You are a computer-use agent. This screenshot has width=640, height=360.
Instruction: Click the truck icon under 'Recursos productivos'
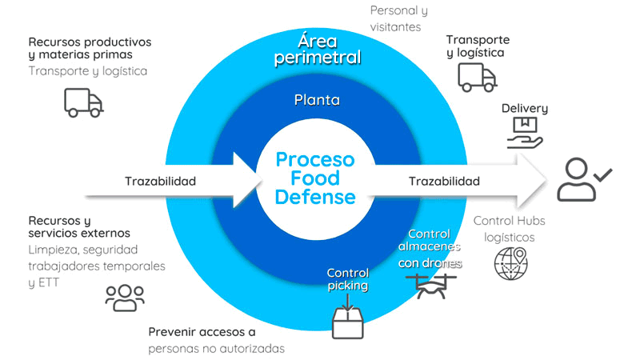(84, 103)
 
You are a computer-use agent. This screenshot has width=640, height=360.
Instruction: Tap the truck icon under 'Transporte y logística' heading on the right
(477, 77)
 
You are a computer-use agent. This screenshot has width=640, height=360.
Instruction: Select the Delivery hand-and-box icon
(525, 133)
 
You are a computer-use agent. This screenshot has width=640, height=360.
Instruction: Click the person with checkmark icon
(584, 179)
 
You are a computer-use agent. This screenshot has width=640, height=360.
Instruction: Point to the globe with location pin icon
(511, 263)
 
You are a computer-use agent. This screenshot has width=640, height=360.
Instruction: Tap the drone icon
(431, 286)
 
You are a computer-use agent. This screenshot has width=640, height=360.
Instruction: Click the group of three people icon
(125, 298)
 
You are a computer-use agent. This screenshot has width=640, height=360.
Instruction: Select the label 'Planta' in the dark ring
(317, 100)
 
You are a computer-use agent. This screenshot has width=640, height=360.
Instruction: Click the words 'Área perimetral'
(318, 50)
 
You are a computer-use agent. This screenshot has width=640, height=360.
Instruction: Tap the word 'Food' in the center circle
(315, 178)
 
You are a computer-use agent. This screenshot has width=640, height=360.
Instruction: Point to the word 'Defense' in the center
(315, 197)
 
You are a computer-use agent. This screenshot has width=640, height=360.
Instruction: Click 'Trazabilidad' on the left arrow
(161, 181)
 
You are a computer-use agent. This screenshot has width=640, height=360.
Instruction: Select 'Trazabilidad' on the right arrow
(445, 181)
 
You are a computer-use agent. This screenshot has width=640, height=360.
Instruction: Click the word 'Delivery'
(525, 108)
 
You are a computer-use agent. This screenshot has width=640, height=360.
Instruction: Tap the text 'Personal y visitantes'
(398, 18)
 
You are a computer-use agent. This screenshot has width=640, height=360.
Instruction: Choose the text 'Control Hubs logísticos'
(510, 229)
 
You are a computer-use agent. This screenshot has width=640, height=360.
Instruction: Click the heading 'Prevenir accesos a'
(202, 332)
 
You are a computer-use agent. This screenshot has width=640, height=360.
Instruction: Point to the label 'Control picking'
(348, 279)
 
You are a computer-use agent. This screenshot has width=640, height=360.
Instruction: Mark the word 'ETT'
(49, 282)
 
